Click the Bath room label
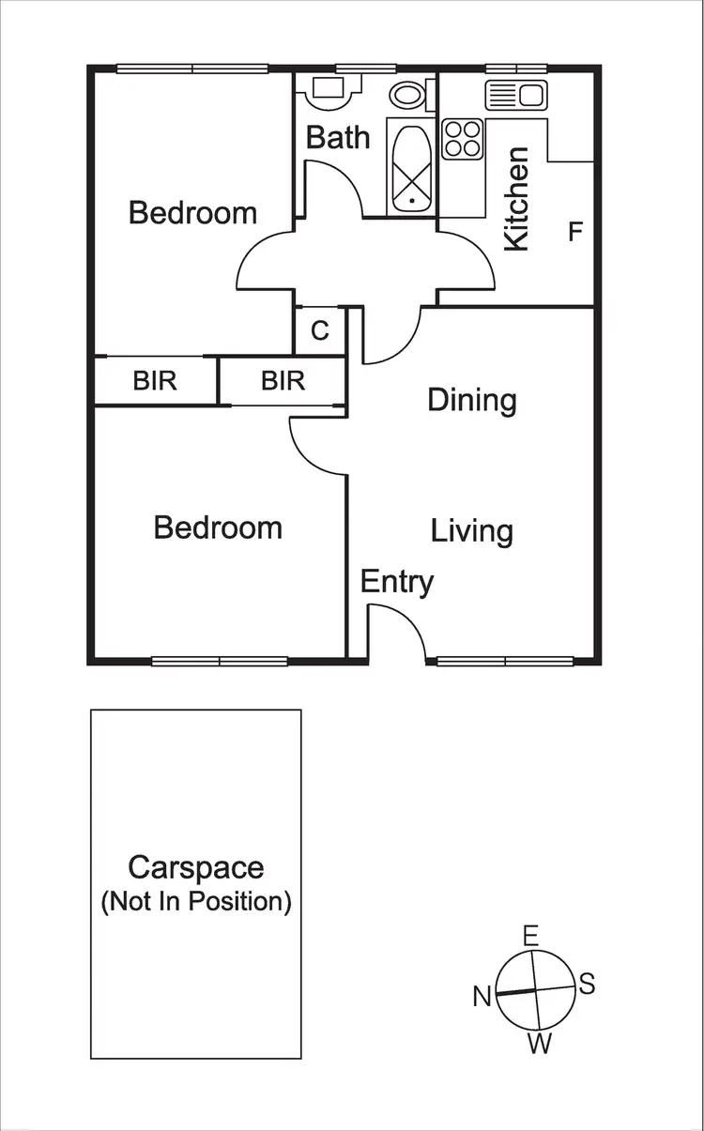pyautogui.click(x=338, y=137)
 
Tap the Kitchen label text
pyautogui.click(x=517, y=198)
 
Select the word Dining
pyautogui.click(x=472, y=400)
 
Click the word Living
pyautogui.click(x=472, y=530)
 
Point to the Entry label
pyautogui.click(x=397, y=582)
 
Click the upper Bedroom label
pyautogui.click(x=192, y=213)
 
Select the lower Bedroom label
pyautogui.click(x=218, y=527)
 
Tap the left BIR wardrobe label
pyautogui.click(x=155, y=381)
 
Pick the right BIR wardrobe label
pyautogui.click(x=283, y=381)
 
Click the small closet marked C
pyautogui.click(x=320, y=331)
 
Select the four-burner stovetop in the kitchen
pyautogui.click(x=462, y=139)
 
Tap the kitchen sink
pyautogui.click(x=515, y=95)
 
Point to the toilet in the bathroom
pyautogui.click(x=408, y=93)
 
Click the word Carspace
pyautogui.click(x=196, y=867)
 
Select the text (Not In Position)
pyautogui.click(x=196, y=902)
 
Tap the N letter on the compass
pyautogui.click(x=482, y=996)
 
